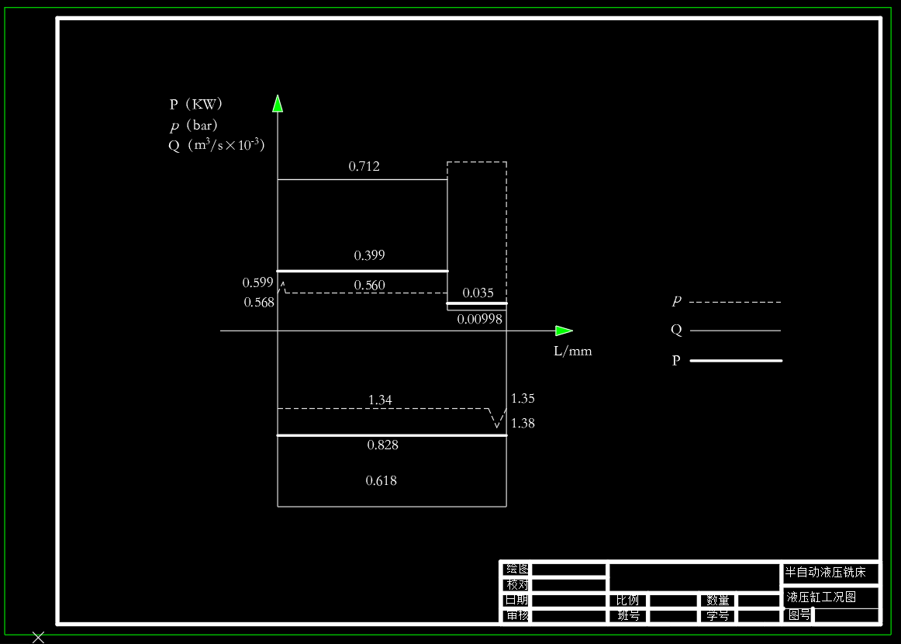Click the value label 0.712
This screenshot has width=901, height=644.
click(364, 166)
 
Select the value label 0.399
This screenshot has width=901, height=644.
click(369, 255)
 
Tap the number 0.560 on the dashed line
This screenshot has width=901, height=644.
click(369, 286)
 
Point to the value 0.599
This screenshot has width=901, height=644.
click(257, 282)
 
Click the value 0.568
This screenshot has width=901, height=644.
click(258, 303)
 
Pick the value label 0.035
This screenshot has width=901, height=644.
click(478, 293)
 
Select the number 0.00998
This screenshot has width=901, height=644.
click(479, 319)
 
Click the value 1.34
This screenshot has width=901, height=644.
click(380, 400)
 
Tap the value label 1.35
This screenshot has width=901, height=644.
click(523, 399)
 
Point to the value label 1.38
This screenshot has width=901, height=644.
click(523, 423)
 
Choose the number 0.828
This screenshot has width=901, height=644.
click(382, 445)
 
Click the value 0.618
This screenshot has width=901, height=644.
click(381, 481)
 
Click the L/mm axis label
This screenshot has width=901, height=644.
click(572, 351)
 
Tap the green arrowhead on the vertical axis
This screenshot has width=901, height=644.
click(278, 103)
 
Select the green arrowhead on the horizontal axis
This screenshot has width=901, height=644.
click(564, 331)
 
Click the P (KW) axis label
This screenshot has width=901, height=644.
click(195, 104)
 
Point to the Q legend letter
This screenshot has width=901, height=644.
click(676, 330)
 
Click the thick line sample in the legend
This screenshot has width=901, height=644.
click(736, 361)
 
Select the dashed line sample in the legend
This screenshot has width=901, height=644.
click(735, 302)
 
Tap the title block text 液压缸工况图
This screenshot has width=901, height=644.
click(821, 597)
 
